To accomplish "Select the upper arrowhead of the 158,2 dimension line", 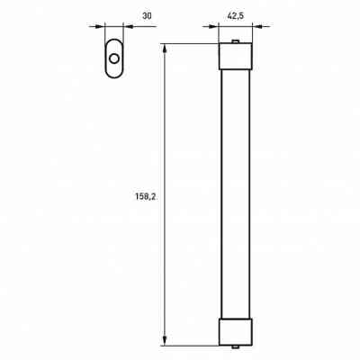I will coord(166,48).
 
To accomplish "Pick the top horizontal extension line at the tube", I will coord(193,43).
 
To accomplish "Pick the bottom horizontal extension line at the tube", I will coord(193,344).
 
